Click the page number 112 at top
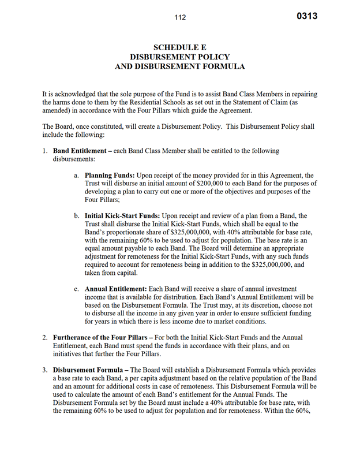(x=180, y=17)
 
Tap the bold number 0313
(x=307, y=16)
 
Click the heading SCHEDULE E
(x=180, y=47)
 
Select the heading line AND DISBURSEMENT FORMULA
(x=180, y=66)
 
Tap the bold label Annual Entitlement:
(x=115, y=289)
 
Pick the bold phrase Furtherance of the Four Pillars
(x=106, y=337)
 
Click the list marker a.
(x=77, y=175)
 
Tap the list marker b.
(x=77, y=216)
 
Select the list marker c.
(x=77, y=289)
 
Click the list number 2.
(x=45, y=337)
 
